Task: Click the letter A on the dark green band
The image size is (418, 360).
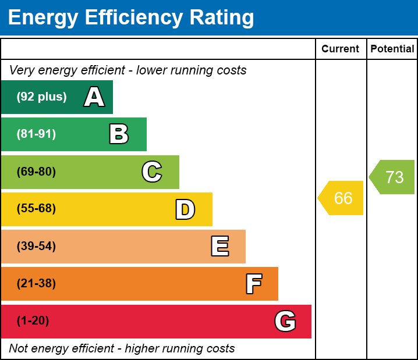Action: [94, 97]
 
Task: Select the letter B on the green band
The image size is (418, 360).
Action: [119, 134]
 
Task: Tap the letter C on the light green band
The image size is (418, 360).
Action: [152, 172]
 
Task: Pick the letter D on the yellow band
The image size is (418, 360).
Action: [185, 209]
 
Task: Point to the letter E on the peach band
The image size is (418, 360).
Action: [219, 247]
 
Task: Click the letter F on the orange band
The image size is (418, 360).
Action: [253, 284]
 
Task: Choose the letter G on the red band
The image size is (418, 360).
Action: [285, 321]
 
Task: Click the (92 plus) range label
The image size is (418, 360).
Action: [41, 97]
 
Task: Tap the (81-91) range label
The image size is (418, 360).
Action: [36, 134]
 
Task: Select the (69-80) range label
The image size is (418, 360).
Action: [36, 172]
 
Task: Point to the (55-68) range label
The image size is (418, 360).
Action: [36, 209]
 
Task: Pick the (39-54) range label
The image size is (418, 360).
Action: [36, 247]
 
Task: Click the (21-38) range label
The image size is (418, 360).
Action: [36, 284]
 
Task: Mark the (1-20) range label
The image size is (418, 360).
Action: [33, 321]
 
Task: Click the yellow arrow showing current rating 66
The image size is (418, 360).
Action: [342, 198]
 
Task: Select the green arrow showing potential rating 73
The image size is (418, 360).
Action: [393, 177]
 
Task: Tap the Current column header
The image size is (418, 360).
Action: [341, 49]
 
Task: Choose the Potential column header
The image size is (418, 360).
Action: [392, 49]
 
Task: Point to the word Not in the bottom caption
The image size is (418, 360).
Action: [19, 349]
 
